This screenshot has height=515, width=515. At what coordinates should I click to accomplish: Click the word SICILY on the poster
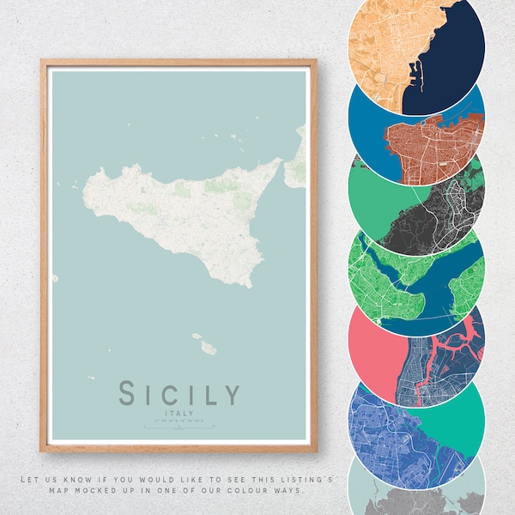(x=179, y=394)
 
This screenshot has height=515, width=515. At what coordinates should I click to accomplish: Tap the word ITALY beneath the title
(x=179, y=412)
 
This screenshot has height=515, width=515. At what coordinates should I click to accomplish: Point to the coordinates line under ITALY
(x=179, y=421)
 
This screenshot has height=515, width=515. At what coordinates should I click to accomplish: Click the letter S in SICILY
(x=128, y=394)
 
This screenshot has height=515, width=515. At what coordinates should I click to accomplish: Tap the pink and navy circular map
(x=416, y=348)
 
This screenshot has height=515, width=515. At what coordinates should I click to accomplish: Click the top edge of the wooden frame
(x=179, y=63)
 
